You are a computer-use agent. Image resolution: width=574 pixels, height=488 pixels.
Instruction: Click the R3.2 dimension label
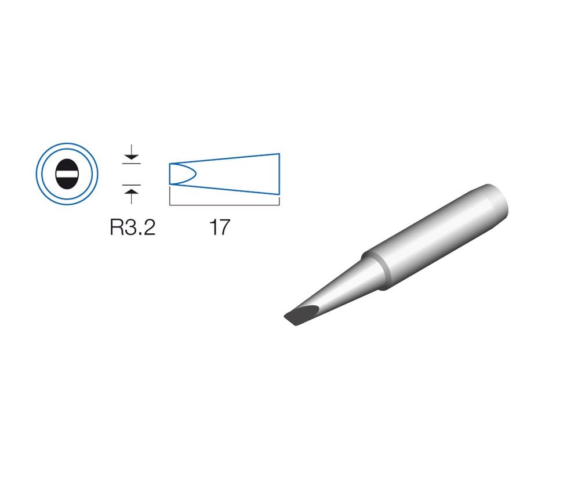(133, 227)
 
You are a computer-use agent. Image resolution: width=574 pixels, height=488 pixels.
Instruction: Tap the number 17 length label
(220, 227)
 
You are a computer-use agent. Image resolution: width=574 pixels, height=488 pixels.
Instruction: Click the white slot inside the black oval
(67, 174)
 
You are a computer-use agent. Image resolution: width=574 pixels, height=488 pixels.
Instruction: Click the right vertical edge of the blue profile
(279, 174)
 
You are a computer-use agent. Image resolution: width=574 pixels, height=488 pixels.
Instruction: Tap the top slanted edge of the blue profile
(224, 158)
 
